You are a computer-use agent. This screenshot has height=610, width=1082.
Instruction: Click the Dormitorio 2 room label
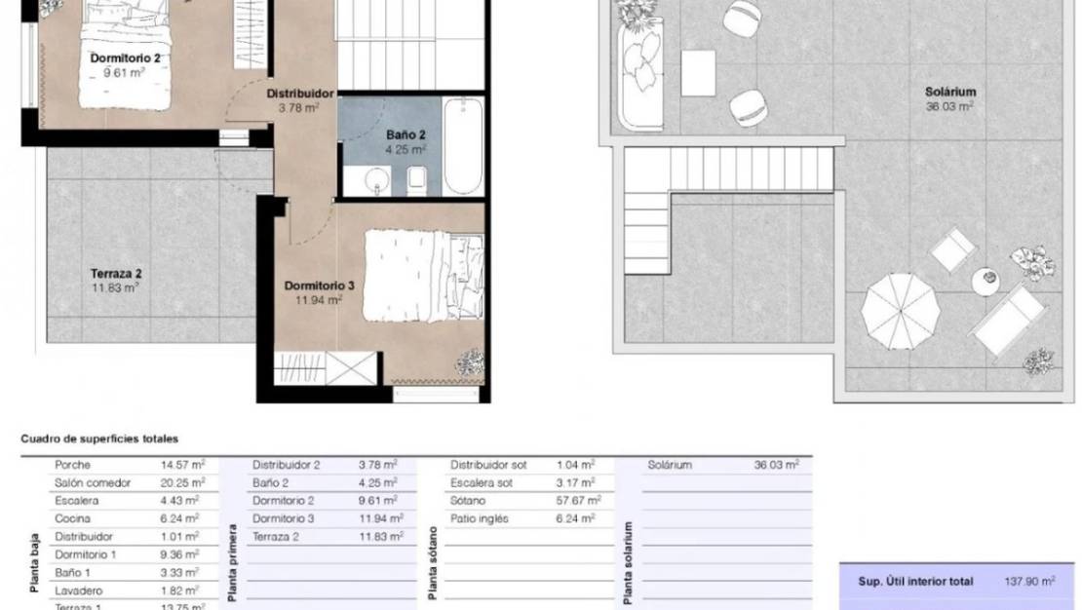pyautogui.click(x=126, y=58)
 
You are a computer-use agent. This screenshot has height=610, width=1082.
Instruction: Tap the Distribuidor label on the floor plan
pyautogui.click(x=300, y=94)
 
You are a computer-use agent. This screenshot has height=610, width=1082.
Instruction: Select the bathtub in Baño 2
pyautogui.click(x=463, y=146)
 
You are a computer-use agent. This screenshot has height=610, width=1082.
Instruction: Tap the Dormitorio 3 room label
pyautogui.click(x=319, y=286)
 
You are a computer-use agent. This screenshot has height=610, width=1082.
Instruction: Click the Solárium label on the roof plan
pyautogui.click(x=950, y=93)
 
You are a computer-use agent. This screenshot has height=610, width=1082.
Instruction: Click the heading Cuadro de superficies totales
pyautogui.click(x=99, y=439)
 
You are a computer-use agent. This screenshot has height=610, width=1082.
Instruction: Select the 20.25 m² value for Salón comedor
pyautogui.click(x=182, y=482)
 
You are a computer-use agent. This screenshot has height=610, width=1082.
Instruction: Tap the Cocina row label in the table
pyautogui.click(x=73, y=518)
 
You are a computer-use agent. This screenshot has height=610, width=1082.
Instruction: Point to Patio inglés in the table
pyautogui.click(x=480, y=518)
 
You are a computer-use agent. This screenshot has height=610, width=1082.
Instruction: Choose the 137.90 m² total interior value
pyautogui.click(x=1029, y=582)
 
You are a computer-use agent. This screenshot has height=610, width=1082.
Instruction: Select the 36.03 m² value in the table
pyautogui.click(x=777, y=465)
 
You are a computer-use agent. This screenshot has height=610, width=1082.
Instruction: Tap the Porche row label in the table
pyautogui.click(x=73, y=465)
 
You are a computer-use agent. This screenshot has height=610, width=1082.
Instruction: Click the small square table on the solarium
pyautogui.click(x=698, y=73)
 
